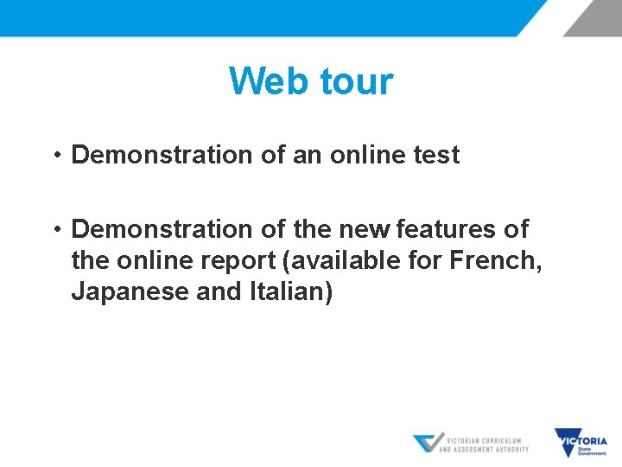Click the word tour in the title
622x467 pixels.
click(x=357, y=81)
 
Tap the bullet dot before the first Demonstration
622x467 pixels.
click(x=54, y=156)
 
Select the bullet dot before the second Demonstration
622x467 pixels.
click(x=54, y=230)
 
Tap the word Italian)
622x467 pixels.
click(x=290, y=292)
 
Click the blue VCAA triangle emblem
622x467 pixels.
click(x=427, y=443)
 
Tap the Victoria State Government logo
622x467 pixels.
click(x=581, y=443)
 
